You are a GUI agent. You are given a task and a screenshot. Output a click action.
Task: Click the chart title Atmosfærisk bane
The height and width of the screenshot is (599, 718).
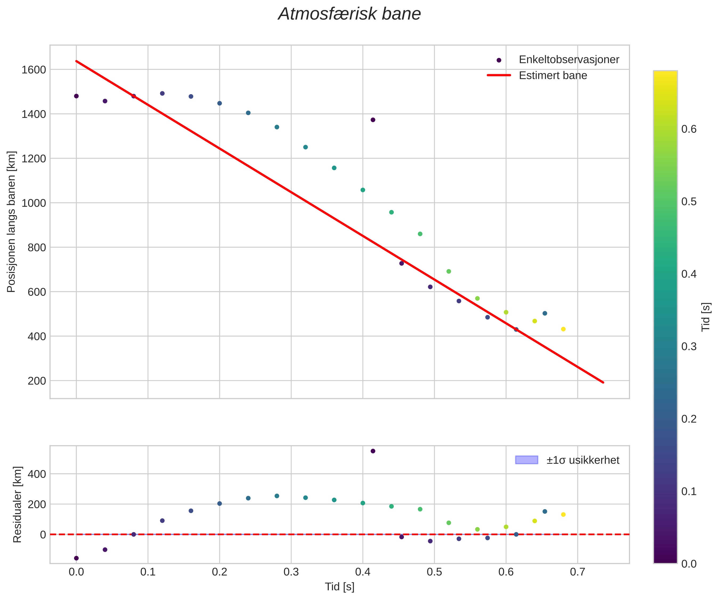pos(349,14)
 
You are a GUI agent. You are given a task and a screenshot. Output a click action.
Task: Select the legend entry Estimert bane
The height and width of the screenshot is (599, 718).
pos(553,76)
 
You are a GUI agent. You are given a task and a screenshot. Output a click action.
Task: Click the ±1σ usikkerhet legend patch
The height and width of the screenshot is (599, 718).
pos(526,460)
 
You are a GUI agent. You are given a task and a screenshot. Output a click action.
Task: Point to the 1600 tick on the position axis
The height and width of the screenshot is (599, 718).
pos(34,70)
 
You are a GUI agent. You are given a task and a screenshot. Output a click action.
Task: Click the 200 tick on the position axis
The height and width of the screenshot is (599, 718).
pos(36,381)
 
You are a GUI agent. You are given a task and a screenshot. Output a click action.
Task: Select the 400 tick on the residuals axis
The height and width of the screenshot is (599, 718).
pos(36,474)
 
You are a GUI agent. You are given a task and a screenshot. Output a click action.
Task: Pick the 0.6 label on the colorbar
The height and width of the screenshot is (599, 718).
pos(689,129)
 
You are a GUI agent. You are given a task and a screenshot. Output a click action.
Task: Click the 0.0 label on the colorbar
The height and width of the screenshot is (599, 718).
pos(689,564)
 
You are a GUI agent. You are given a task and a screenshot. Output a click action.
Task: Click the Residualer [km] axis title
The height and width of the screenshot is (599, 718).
pos(17,505)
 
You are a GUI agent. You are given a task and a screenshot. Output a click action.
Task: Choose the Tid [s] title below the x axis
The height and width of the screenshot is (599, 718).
pos(339,587)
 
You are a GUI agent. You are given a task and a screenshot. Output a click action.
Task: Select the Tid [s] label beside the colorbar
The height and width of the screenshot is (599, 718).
pos(706,317)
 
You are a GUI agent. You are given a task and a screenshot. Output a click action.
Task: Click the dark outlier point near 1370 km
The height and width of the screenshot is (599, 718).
pos(373,120)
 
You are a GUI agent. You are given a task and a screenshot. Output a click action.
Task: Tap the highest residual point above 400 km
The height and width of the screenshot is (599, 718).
pos(373,451)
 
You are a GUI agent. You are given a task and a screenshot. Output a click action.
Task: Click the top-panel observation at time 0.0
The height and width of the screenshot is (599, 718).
pos(76,96)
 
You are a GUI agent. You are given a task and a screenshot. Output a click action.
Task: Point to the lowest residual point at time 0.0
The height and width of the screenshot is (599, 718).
pos(76,558)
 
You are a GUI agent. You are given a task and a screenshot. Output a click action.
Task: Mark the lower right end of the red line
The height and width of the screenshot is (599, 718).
pos(603,382)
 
